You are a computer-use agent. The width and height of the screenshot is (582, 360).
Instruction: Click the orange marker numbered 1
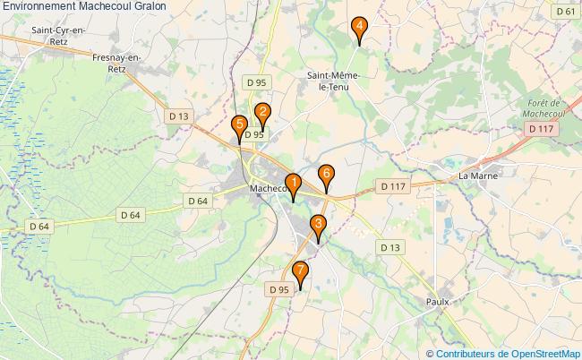(292, 185)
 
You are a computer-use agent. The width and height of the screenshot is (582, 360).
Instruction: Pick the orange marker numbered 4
(359, 29)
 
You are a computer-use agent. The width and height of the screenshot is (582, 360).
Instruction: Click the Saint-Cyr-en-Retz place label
(58, 35)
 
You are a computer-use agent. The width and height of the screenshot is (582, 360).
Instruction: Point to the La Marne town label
(478, 175)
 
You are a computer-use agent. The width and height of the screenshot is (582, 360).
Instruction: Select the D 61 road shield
(565, 12)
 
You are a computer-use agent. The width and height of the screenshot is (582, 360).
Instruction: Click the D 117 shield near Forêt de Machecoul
(542, 130)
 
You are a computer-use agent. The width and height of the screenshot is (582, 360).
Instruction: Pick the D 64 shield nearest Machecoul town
(197, 201)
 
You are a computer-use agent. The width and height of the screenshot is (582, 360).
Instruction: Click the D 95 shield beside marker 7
(279, 289)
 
